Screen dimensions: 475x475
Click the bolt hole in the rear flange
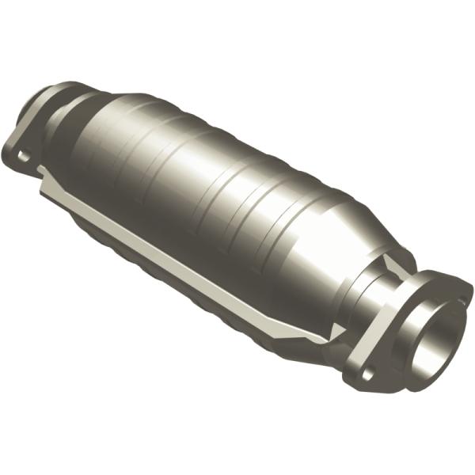tap(24, 155)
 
